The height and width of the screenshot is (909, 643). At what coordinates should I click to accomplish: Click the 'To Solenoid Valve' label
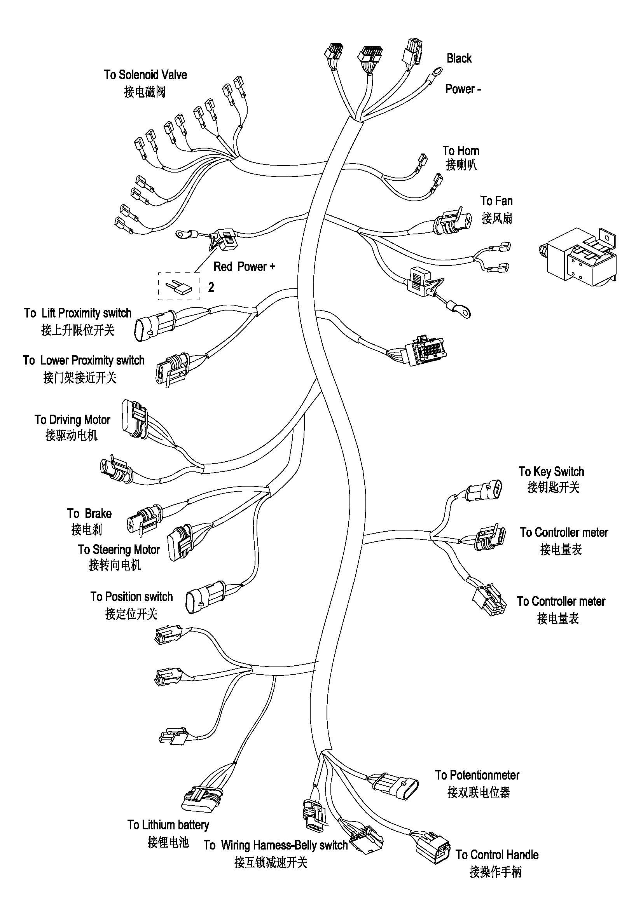pos(145,75)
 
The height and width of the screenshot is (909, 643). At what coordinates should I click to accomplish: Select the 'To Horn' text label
pos(461,151)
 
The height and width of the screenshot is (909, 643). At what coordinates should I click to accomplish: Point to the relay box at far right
pos(579,257)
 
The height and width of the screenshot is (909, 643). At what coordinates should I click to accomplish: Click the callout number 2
pos(211,287)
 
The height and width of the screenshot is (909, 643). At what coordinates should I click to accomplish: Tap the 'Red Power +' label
pos(244,267)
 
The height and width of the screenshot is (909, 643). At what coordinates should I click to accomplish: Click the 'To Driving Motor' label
pos(72,419)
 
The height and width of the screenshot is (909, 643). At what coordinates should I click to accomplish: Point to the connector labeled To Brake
pos(145,518)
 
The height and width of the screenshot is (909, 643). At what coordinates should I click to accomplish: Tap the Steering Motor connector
pos(180,542)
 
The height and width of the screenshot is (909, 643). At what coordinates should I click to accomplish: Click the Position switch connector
pos(206,597)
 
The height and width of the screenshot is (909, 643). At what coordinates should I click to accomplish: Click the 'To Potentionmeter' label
pos(477,775)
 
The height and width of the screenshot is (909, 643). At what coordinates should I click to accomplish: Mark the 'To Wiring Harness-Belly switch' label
pos(276,845)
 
